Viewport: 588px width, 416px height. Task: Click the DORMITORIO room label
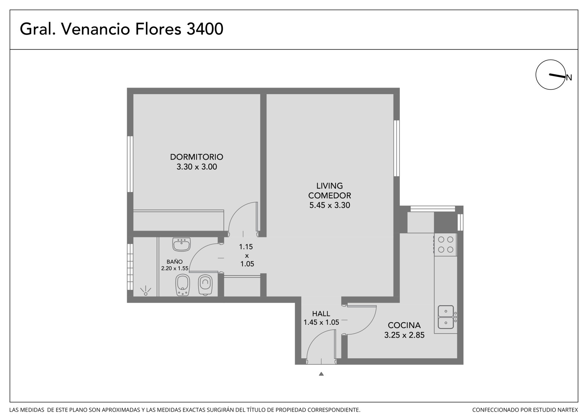(x=196, y=157)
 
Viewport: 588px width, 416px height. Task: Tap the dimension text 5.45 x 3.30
(x=329, y=205)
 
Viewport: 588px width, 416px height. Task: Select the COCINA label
(x=404, y=326)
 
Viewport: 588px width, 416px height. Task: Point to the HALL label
(x=321, y=313)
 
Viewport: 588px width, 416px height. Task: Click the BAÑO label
(x=175, y=262)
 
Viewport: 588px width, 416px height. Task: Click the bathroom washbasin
(x=182, y=244)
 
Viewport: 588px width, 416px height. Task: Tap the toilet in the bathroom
(x=205, y=285)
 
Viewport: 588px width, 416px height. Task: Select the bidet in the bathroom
(x=182, y=285)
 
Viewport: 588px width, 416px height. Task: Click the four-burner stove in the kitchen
(x=445, y=244)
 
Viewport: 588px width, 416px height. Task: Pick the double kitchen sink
(x=445, y=317)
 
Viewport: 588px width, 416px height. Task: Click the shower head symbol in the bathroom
(x=146, y=292)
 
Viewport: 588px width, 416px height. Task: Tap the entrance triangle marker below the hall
(x=321, y=374)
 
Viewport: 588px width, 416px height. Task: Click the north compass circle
(x=551, y=75)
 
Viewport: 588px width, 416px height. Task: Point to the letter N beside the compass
(x=569, y=78)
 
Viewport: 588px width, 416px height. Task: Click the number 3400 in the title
(x=205, y=29)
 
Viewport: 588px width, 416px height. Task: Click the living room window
(x=397, y=148)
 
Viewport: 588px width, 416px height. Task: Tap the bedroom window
(x=130, y=164)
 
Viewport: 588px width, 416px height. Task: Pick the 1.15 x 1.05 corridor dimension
(x=247, y=255)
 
